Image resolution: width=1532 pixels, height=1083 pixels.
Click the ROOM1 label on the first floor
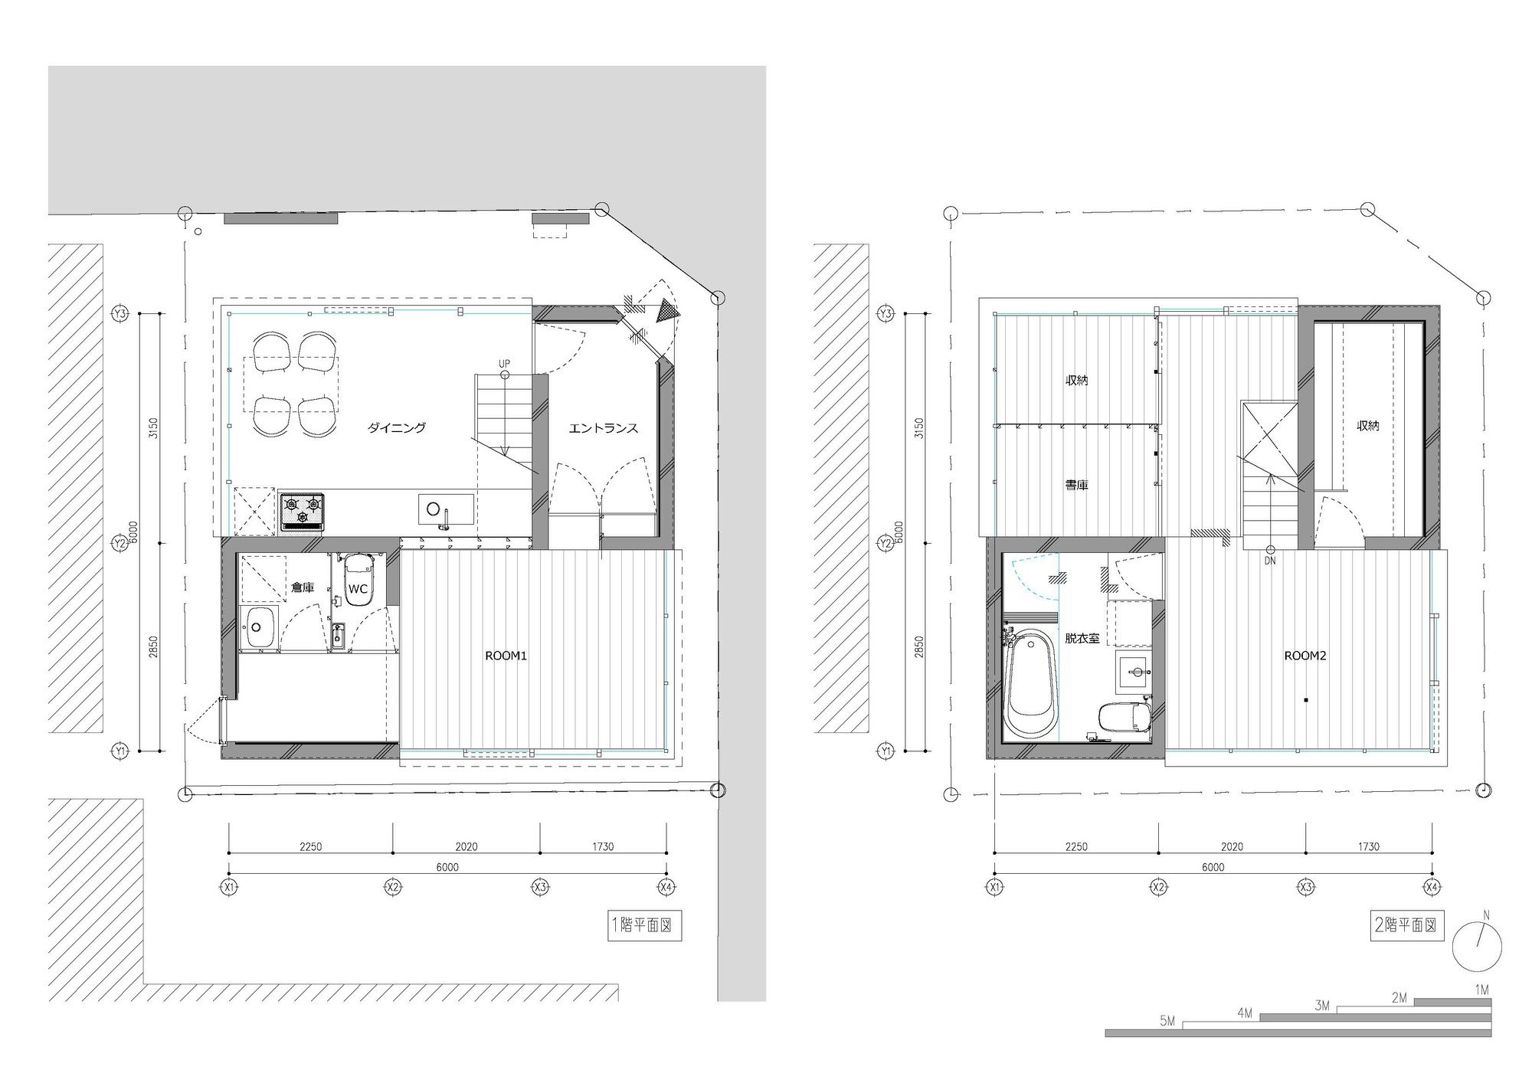coord(506,656)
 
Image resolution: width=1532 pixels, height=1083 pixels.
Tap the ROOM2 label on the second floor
coord(1304,656)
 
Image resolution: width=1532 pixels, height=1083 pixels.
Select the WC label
coord(358,589)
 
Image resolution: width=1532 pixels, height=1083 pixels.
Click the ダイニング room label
coord(396,428)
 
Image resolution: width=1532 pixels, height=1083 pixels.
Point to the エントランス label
coord(603,428)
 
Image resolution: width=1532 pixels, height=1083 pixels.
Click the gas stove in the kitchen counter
coord(303,511)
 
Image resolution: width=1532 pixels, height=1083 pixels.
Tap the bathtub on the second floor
coord(1030,684)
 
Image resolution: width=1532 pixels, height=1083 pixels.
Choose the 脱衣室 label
coord(1082,637)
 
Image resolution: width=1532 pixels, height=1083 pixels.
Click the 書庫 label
coord(1076,485)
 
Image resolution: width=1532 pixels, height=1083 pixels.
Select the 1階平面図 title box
coord(644,925)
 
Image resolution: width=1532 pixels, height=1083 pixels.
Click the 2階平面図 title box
coord(1406,925)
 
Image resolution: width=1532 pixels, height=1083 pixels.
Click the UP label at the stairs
coord(504,364)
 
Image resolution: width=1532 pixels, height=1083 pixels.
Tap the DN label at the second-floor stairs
coord(1270,561)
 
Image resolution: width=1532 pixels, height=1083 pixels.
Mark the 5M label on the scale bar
coord(1167,1021)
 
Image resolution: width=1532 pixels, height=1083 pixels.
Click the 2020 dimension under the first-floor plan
coord(466,846)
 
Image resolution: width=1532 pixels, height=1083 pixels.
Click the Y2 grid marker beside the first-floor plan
coord(119,543)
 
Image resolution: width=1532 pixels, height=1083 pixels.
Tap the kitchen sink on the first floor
coord(445,509)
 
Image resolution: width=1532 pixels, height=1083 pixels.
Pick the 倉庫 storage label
coord(303,587)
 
